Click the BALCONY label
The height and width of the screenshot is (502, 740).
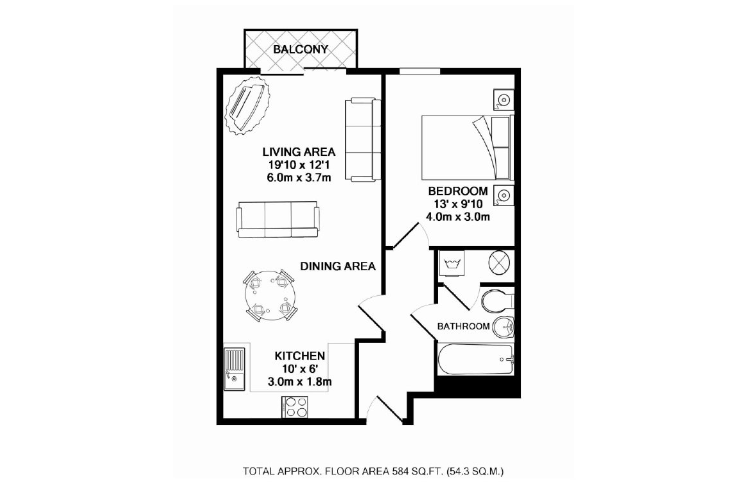pyautogui.click(x=300, y=49)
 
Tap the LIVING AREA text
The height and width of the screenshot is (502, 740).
pyautogui.click(x=299, y=152)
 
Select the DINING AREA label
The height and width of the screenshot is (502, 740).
pyautogui.click(x=338, y=266)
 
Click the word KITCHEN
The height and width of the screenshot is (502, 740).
pyautogui.click(x=300, y=356)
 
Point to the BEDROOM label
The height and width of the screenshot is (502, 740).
pyautogui.click(x=458, y=191)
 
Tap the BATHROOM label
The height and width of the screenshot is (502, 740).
pyautogui.click(x=463, y=326)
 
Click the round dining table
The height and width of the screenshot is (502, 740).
pyautogui.click(x=270, y=297)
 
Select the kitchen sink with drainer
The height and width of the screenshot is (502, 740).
pyautogui.click(x=234, y=369)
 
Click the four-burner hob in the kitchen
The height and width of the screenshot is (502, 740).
pyautogui.click(x=295, y=407)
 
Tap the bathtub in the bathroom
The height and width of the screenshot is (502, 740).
pyautogui.click(x=476, y=359)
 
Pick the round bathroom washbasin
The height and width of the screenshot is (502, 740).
pyautogui.click(x=503, y=327)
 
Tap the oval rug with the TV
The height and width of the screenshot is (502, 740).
pyautogui.click(x=247, y=106)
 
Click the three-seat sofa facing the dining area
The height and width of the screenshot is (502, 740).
pyautogui.click(x=277, y=220)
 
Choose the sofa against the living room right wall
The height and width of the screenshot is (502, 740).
pyautogui.click(x=363, y=140)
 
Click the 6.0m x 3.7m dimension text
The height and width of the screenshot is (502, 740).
pyautogui.click(x=299, y=178)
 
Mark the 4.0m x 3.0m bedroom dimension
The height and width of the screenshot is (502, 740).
pyautogui.click(x=458, y=217)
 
